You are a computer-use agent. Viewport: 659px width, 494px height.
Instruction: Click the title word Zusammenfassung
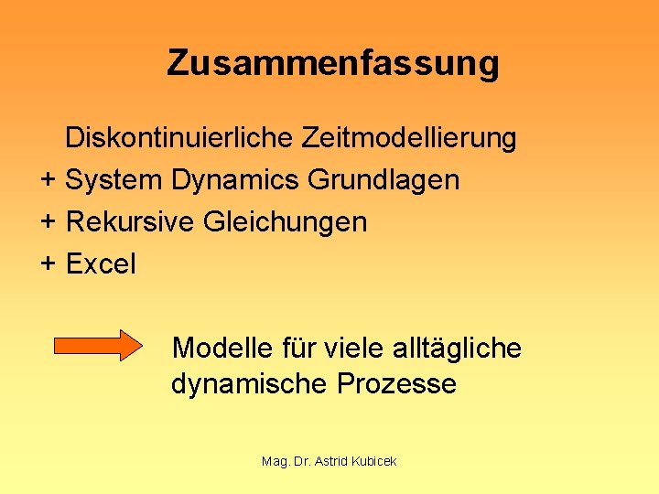pyautogui.click(x=333, y=63)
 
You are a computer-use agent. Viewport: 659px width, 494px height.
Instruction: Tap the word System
pyautogui.click(x=114, y=180)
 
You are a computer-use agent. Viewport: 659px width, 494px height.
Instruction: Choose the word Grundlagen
pyautogui.click(x=384, y=180)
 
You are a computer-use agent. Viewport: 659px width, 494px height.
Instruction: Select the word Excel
pyautogui.click(x=101, y=264)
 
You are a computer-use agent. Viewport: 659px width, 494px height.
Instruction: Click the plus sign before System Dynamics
pyautogui.click(x=49, y=180)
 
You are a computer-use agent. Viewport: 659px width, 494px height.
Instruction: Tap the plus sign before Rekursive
pyautogui.click(x=49, y=222)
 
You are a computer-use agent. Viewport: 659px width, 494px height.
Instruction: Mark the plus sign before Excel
pyautogui.click(x=49, y=264)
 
